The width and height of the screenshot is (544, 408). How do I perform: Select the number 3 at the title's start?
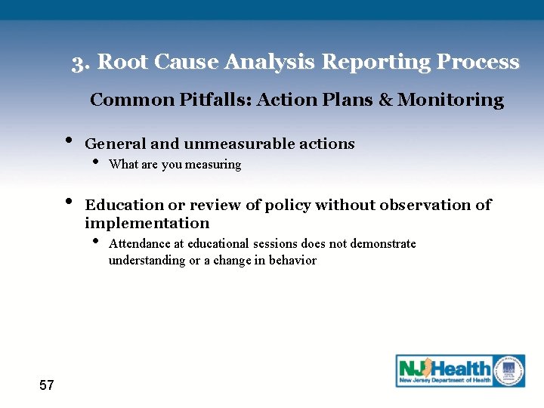(x=78, y=63)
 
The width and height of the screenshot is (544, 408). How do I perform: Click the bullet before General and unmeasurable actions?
(x=69, y=141)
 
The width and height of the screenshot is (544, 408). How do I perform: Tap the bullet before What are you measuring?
(x=95, y=162)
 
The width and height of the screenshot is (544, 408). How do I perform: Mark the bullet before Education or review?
(x=69, y=202)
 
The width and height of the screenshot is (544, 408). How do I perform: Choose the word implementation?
(x=147, y=223)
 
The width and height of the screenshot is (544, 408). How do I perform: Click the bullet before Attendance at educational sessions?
(x=95, y=242)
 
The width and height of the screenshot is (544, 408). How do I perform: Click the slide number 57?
(x=47, y=385)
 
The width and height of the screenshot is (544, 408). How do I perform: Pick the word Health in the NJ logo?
(x=460, y=367)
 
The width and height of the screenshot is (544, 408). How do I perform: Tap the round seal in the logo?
(x=509, y=370)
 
